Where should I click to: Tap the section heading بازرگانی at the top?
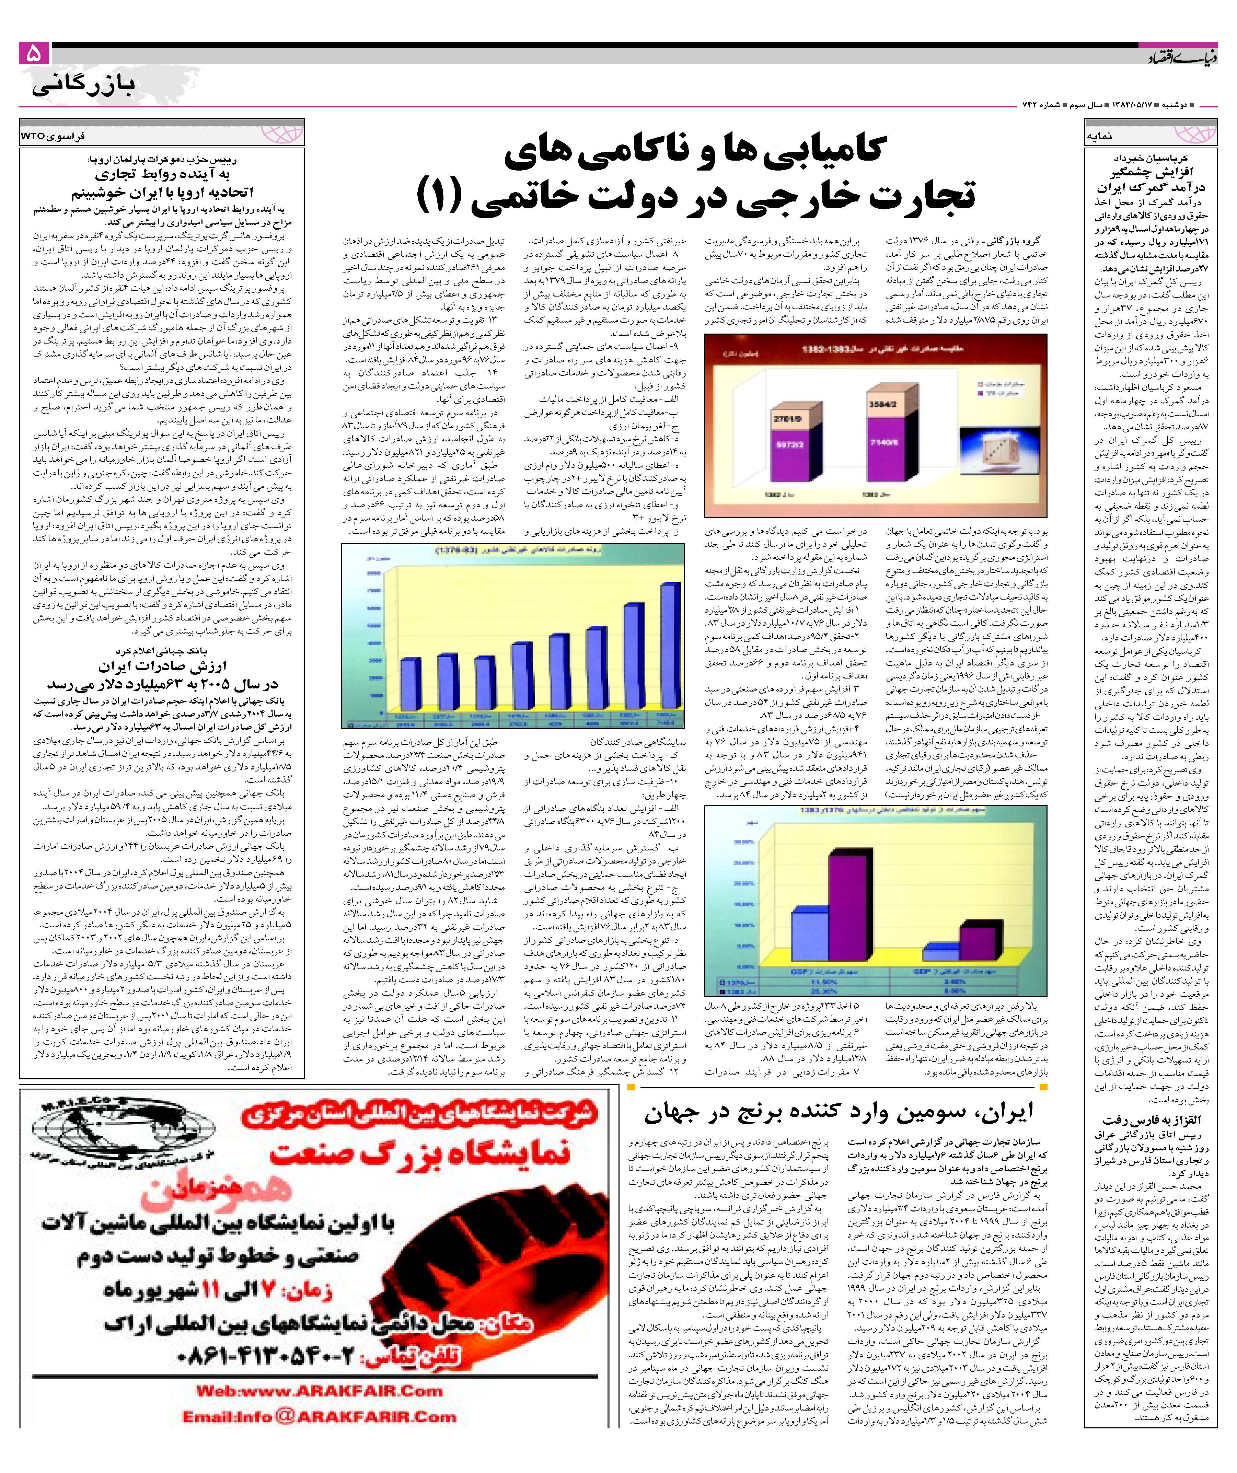tap(83, 85)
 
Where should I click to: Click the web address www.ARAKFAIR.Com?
tap(319, 1390)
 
